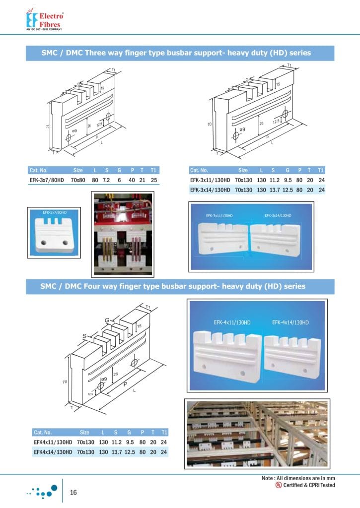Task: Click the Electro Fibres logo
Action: [x=45, y=20]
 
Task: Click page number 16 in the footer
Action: [x=73, y=492]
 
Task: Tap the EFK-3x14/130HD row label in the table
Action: [x=210, y=190]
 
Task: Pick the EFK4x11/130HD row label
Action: [x=53, y=442]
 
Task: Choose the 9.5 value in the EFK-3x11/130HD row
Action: [x=287, y=181]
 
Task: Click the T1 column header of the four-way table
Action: [x=164, y=432]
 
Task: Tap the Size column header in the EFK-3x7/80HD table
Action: [x=78, y=170]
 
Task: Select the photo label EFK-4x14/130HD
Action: [x=290, y=322]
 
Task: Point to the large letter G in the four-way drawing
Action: [x=106, y=320]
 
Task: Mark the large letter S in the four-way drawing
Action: [x=84, y=337]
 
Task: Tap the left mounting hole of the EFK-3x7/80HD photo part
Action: [x=44, y=243]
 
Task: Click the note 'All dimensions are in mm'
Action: [x=304, y=478]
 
